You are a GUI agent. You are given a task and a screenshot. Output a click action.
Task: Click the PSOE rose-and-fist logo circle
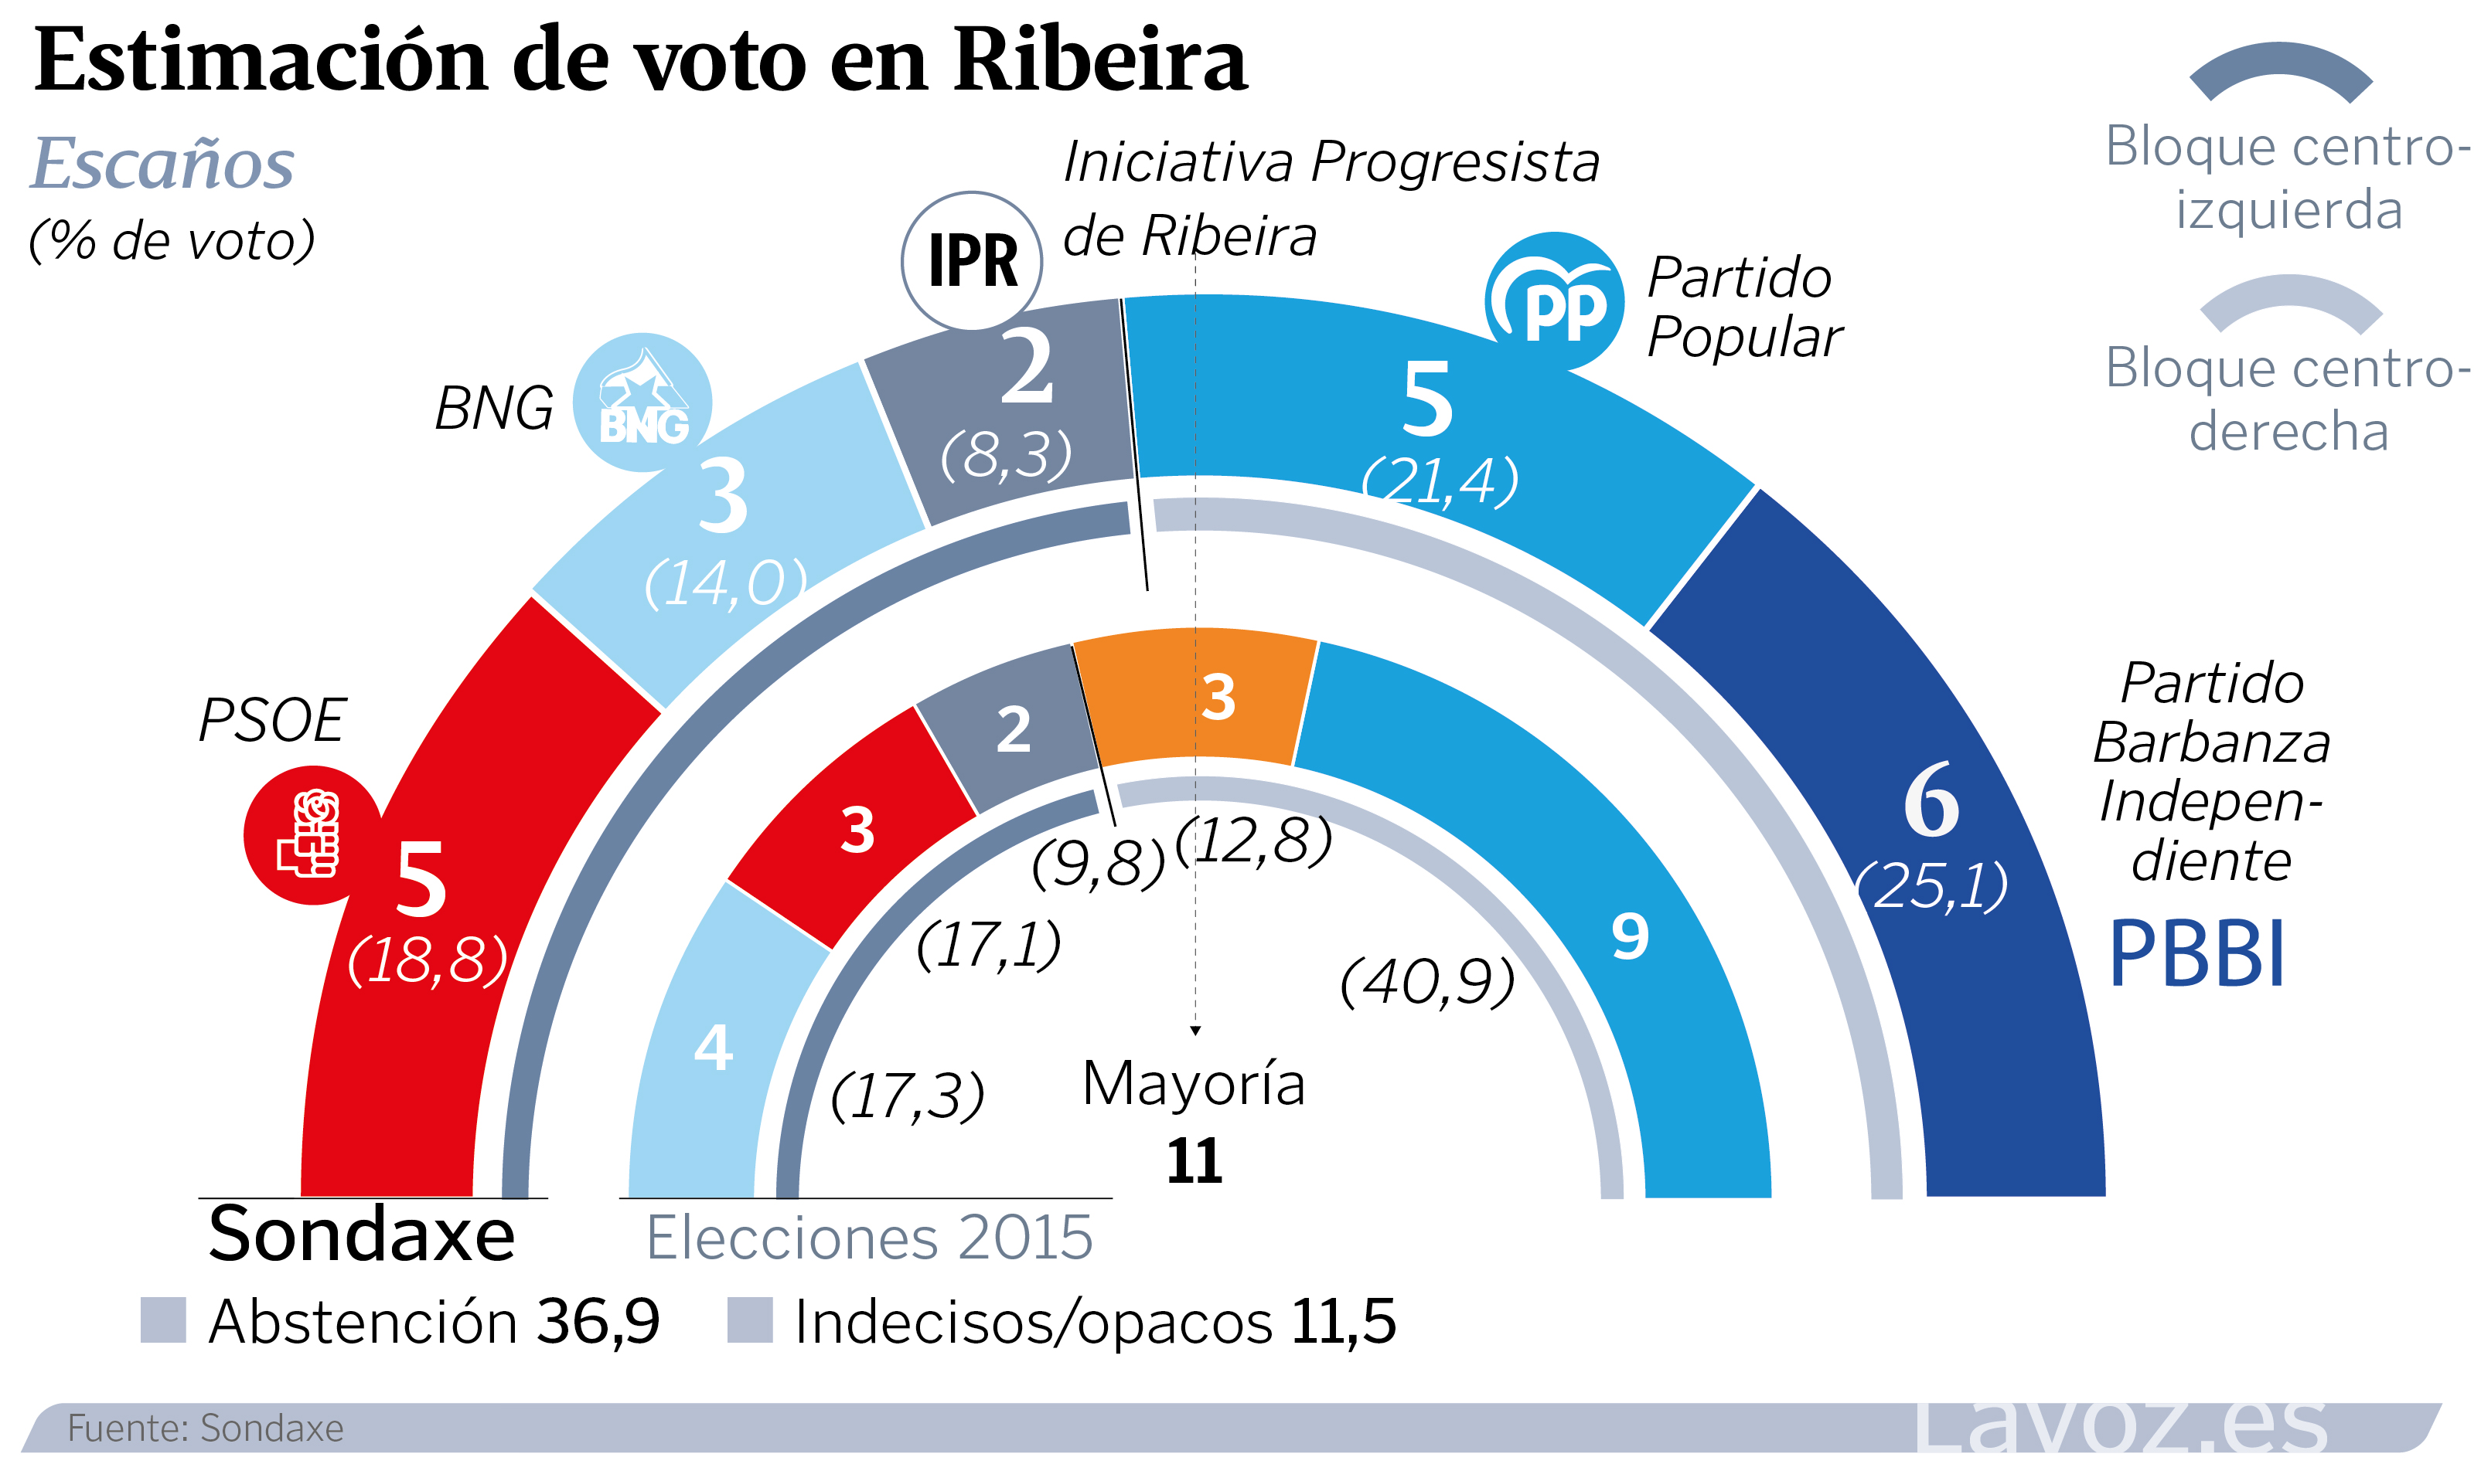[312, 835]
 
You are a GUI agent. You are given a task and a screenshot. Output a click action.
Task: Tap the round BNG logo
[642, 403]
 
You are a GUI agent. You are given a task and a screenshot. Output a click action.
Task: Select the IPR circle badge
[971, 261]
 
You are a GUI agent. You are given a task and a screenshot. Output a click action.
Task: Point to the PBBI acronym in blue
[2196, 955]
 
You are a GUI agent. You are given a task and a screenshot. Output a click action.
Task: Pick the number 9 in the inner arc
[1629, 937]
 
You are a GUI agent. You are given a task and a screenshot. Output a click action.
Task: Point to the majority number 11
[1194, 1160]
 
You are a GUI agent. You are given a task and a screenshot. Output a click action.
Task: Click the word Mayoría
[1194, 1085]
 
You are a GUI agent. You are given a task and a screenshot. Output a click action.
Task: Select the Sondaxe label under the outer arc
[361, 1235]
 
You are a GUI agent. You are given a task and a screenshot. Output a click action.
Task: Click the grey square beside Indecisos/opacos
[750, 1320]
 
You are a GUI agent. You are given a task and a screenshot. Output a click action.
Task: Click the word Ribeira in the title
[1100, 60]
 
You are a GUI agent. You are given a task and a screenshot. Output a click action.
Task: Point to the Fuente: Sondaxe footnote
[206, 1428]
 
